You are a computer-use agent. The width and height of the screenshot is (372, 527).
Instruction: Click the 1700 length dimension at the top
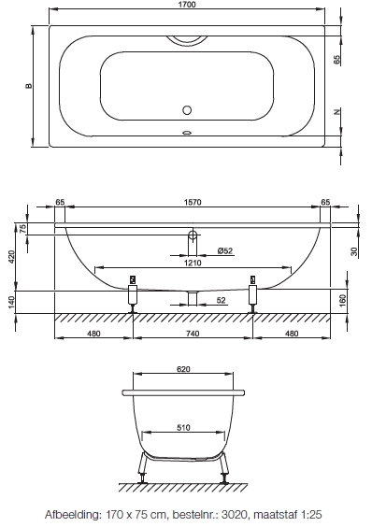187,5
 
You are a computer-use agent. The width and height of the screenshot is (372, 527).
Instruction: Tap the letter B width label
29,86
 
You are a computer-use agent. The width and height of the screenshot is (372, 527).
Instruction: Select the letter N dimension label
337,111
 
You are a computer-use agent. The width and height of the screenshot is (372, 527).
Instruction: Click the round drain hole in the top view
187,110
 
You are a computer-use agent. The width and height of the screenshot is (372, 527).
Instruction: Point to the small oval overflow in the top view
187,133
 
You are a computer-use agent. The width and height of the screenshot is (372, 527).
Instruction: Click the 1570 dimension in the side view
193,202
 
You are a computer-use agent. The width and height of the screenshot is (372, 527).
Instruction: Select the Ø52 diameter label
225,250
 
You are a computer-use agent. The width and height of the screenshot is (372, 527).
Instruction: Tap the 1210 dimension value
193,263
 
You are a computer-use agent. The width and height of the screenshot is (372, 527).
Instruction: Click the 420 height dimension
12,257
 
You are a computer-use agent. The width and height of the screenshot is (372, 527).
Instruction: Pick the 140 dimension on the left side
12,302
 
